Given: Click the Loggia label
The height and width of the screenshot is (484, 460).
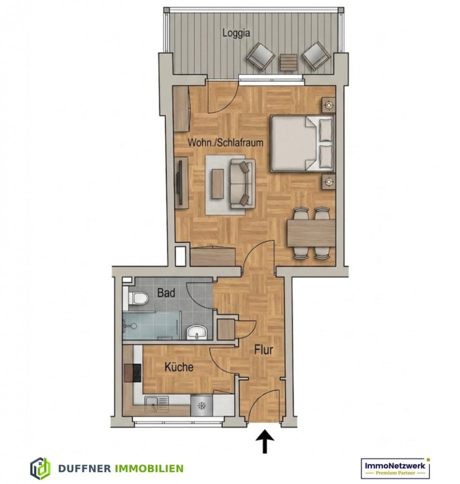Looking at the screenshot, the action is coord(236,33).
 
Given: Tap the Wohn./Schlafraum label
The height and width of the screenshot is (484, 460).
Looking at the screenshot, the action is coord(225,142).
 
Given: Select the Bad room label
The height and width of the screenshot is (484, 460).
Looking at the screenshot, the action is coord(166,292).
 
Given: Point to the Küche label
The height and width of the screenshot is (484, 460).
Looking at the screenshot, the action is coord(179,366).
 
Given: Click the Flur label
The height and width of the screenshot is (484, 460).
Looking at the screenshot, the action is coord(263,349).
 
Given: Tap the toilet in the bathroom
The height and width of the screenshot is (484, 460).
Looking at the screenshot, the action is coord(138,298).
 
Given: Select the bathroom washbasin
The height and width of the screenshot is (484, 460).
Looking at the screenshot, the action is coord(196,332).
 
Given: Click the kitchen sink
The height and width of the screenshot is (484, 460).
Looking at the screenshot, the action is coord(157,403).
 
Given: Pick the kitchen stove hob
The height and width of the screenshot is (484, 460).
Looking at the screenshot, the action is coord(133,373).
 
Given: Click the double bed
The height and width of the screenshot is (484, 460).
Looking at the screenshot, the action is coord(302,143).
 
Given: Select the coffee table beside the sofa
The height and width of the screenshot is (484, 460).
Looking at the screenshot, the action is coord(217,184).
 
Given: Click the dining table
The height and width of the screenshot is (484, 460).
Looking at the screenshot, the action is coord(311,232).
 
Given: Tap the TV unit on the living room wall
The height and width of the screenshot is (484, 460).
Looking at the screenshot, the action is coord(181,181).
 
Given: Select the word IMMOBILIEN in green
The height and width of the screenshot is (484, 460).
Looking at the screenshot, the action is coord(149,468).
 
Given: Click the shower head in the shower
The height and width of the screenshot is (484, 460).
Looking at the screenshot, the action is coord(133,325).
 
